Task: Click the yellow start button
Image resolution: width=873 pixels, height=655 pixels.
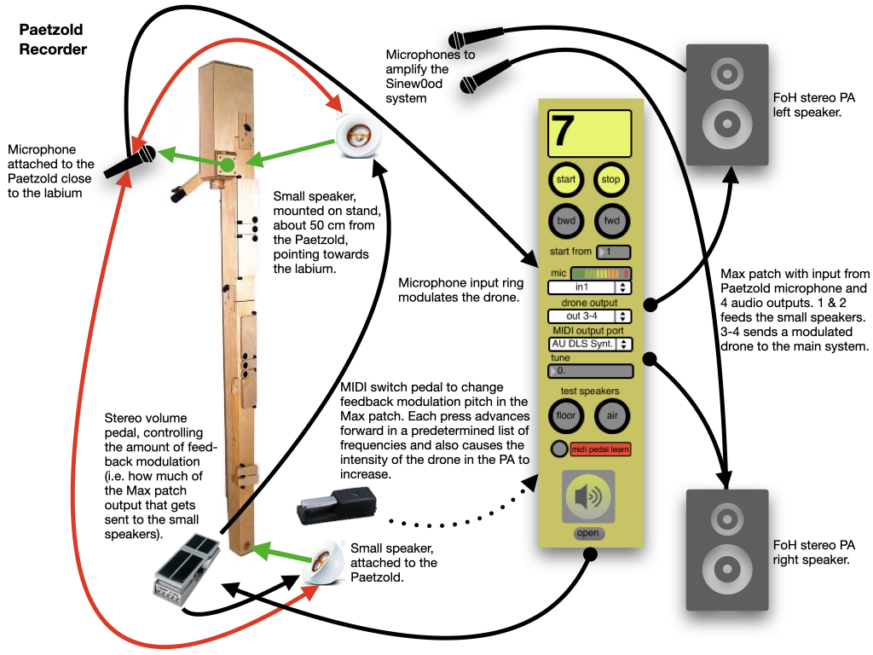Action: click(566, 180)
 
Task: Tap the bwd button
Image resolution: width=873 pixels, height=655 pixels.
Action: click(566, 220)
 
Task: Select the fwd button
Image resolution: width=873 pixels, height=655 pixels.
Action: click(610, 220)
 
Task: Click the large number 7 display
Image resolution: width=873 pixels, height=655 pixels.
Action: click(589, 134)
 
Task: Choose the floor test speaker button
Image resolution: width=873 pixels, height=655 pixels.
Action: click(566, 415)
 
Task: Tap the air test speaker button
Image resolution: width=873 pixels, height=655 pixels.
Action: click(610, 415)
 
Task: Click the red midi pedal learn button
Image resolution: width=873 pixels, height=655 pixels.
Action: click(600, 449)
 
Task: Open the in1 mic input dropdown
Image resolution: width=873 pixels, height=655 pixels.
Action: click(589, 287)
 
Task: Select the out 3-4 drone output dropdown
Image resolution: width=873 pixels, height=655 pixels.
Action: click(589, 316)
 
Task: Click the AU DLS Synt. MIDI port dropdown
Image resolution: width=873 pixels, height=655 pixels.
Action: click(589, 344)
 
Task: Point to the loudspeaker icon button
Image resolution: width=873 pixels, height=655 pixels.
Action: click(588, 496)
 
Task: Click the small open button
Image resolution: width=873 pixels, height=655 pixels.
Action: click(588, 533)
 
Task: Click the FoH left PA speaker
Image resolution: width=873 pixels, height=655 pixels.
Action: click(727, 105)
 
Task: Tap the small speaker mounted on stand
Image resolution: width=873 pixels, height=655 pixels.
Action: click(359, 136)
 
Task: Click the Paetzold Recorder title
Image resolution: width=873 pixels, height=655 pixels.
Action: click(53, 39)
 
